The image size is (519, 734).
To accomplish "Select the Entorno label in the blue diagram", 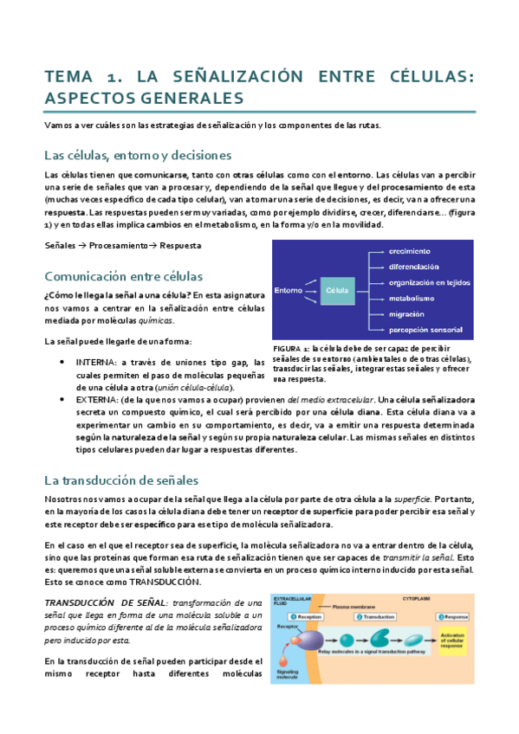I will (289, 290).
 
